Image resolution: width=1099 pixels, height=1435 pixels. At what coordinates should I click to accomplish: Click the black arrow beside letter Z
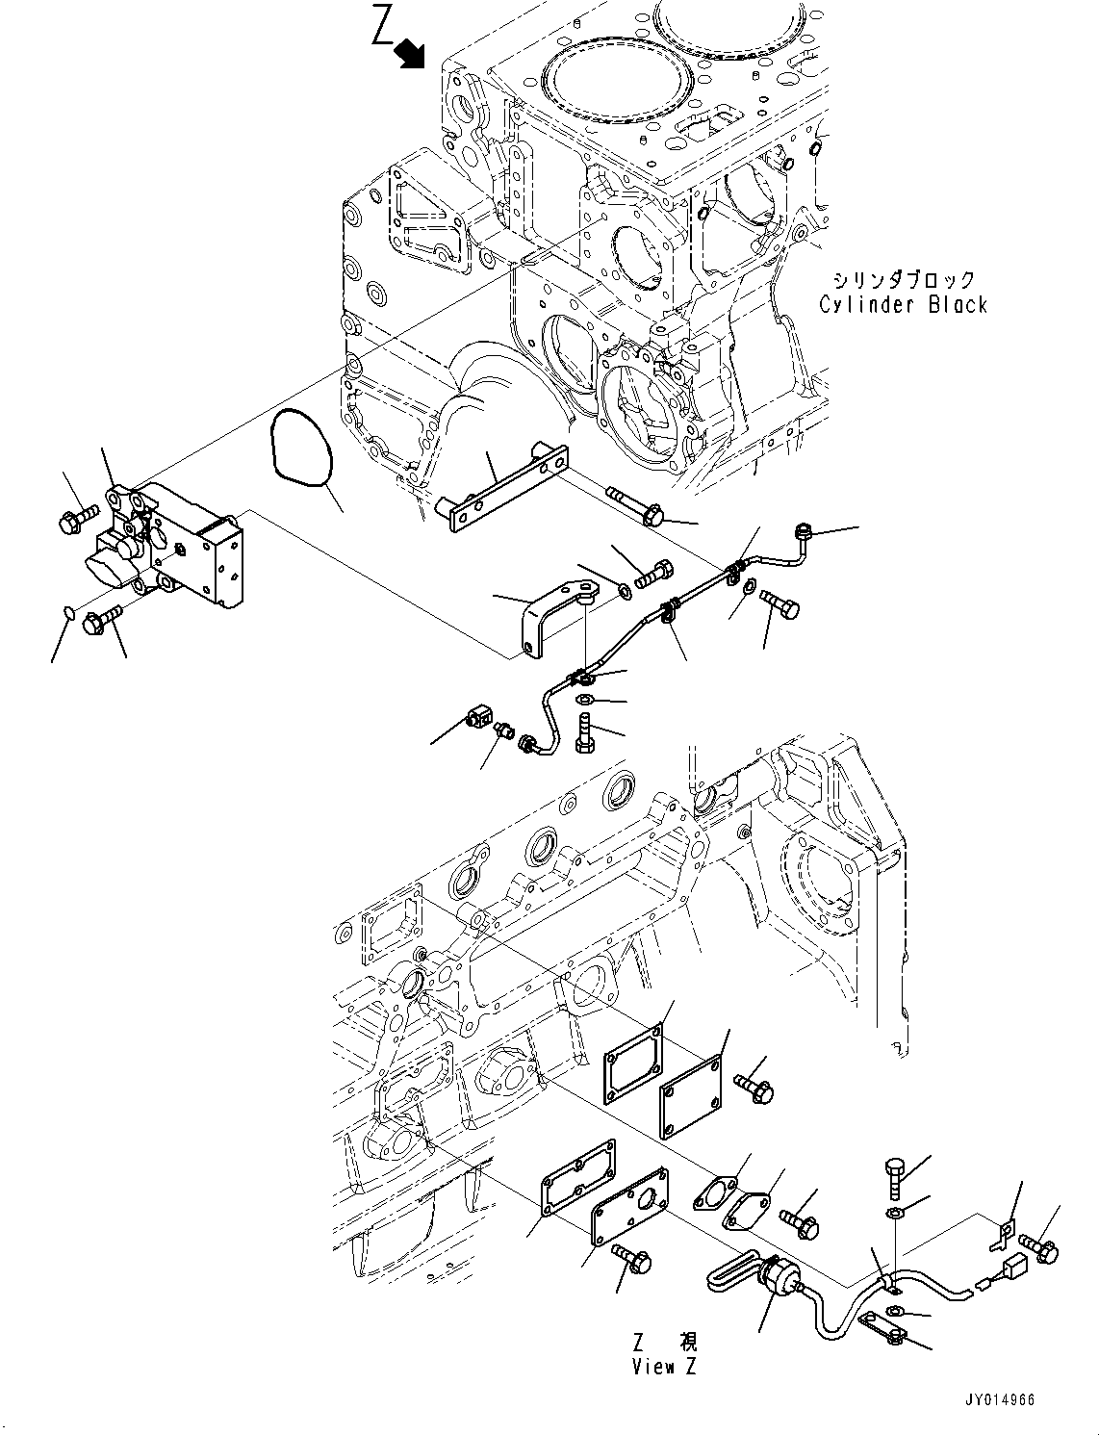pos(412,54)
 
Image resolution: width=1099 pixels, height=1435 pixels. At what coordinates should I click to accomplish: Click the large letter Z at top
pos(383,28)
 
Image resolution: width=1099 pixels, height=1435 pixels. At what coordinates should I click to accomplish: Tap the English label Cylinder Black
pos(903,305)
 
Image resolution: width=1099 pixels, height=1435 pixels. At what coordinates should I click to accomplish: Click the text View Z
pos(664,1367)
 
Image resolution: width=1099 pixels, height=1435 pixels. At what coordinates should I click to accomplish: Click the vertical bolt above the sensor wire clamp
pos(892,1175)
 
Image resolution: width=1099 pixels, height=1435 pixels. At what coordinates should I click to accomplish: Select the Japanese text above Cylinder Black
pos(904,280)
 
